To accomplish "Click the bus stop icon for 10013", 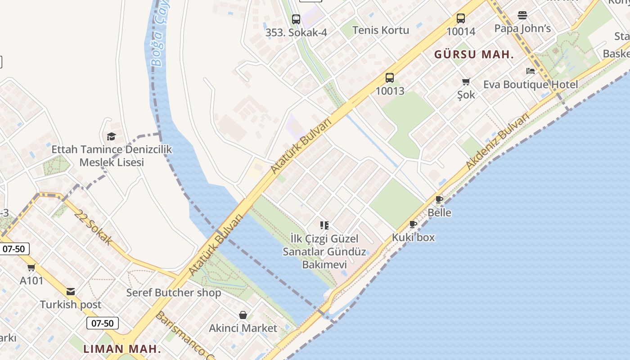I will (390, 78).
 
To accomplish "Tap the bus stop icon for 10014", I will (461, 18).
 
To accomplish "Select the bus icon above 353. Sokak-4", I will (296, 19).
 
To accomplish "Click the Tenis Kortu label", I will (381, 30).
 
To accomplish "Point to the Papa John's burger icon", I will (522, 15).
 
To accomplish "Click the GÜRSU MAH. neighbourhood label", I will (474, 55).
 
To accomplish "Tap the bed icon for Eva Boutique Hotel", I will (531, 71).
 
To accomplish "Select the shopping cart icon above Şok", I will (466, 82).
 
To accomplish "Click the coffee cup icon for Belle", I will (439, 200).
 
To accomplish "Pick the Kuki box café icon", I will (413, 224).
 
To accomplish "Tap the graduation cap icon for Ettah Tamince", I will (111, 136).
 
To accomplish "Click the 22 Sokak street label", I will (94, 228).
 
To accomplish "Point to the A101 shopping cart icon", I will (31, 268).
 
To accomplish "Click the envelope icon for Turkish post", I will (71, 292).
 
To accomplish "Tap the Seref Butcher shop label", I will (173, 292).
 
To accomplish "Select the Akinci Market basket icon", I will (243, 315).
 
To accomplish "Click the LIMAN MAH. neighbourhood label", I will (122, 349).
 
